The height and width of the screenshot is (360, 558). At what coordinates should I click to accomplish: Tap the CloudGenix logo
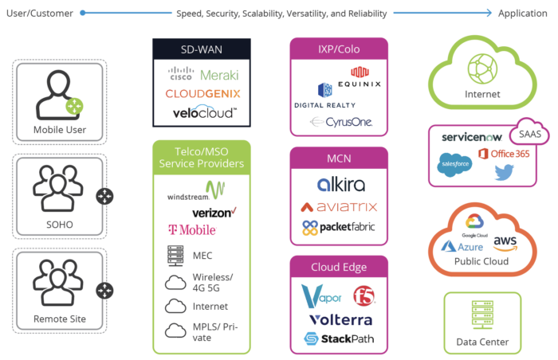(202, 94)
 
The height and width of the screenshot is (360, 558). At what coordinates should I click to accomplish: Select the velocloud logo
(204, 112)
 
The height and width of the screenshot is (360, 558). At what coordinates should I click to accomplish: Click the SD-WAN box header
(202, 49)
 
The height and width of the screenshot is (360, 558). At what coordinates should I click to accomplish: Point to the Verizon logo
(214, 213)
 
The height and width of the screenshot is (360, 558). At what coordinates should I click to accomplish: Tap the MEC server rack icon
(176, 256)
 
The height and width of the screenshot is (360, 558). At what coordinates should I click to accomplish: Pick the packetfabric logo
(339, 228)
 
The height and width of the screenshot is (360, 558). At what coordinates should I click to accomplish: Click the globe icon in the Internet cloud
(482, 67)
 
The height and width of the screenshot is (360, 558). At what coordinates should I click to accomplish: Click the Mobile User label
(60, 130)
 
